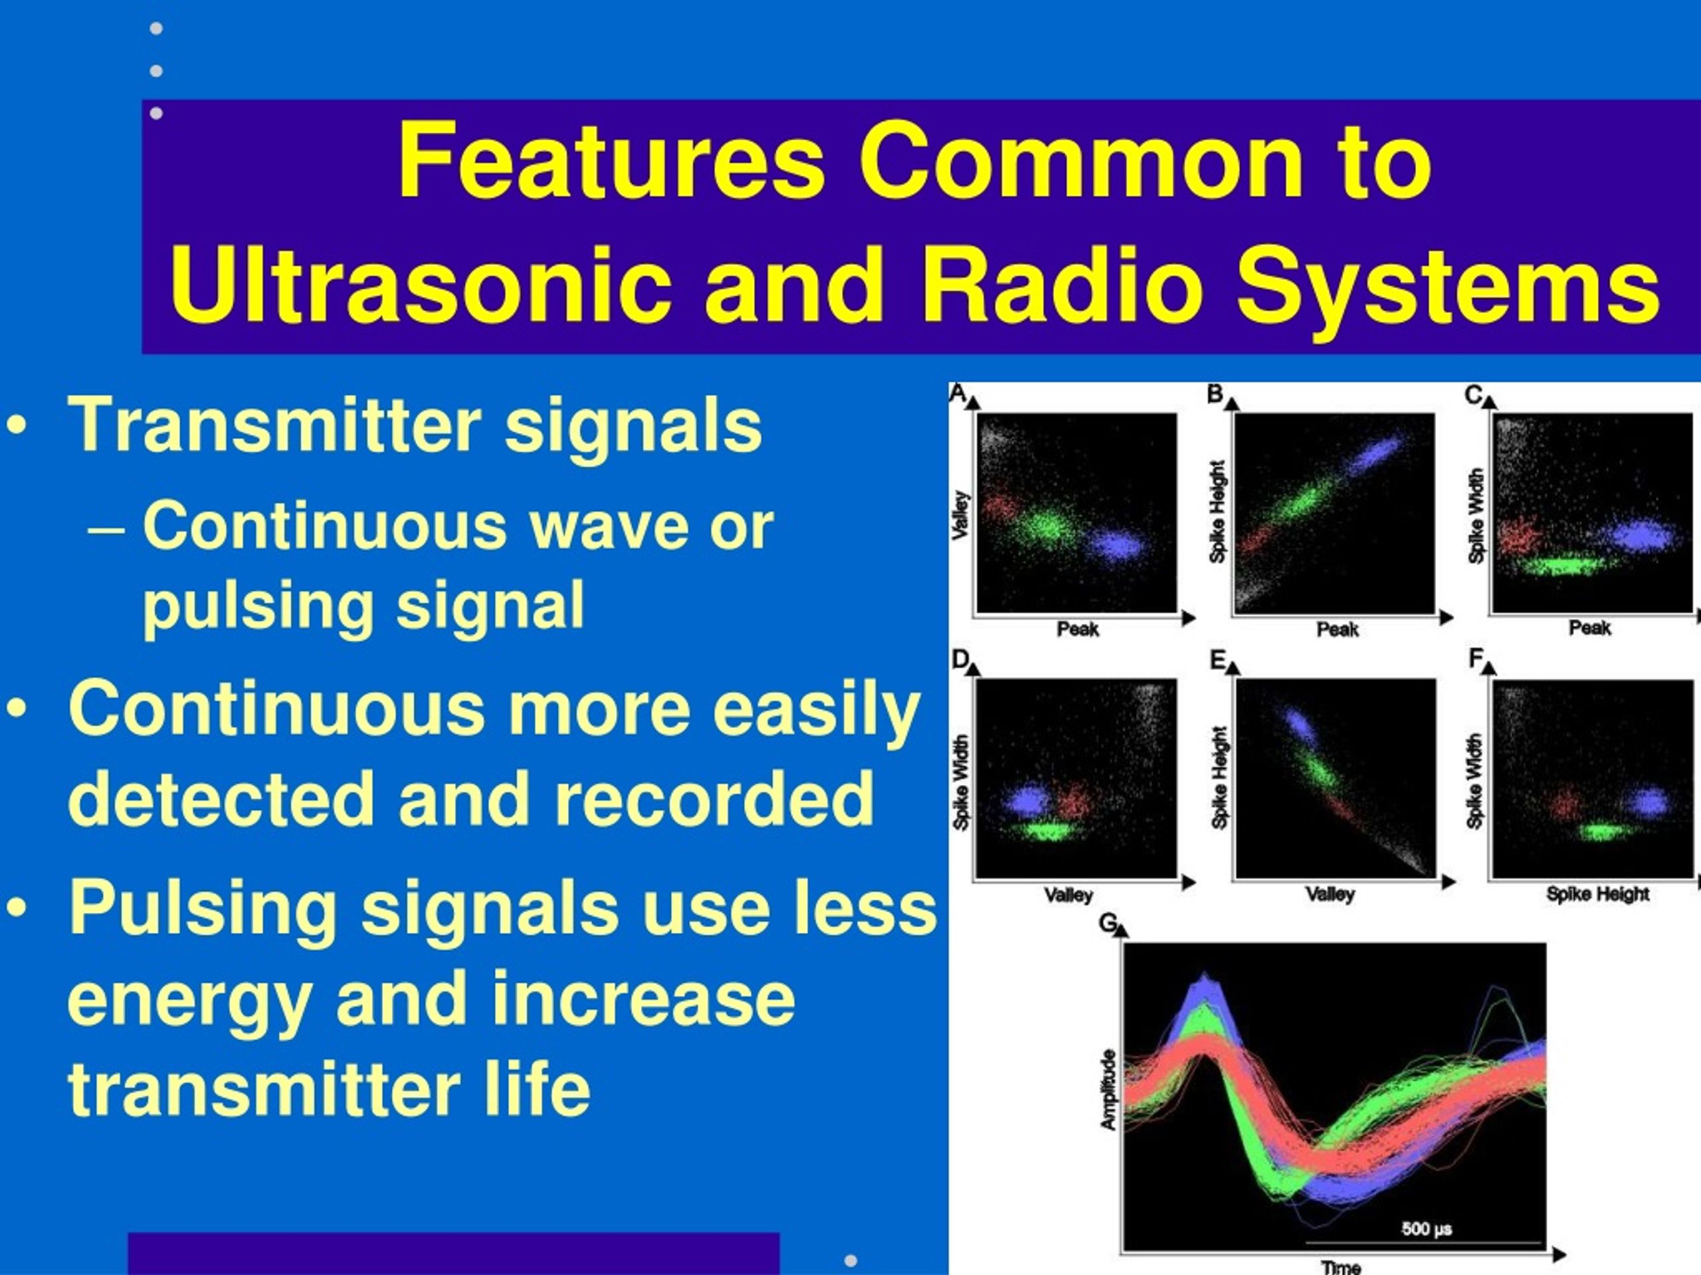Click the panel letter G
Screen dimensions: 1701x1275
point(1108,922)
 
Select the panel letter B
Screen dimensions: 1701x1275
point(1215,394)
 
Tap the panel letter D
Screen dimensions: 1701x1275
point(960,659)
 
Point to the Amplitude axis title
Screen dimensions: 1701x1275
point(1108,1090)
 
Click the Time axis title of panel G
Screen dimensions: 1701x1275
point(1341,1266)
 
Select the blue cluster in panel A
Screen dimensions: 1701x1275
point(1116,545)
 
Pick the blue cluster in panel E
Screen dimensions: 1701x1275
point(1300,724)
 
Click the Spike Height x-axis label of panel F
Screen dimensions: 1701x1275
point(1598,894)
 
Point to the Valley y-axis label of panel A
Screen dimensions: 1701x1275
point(960,515)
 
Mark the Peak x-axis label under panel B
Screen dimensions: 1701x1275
point(1338,630)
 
